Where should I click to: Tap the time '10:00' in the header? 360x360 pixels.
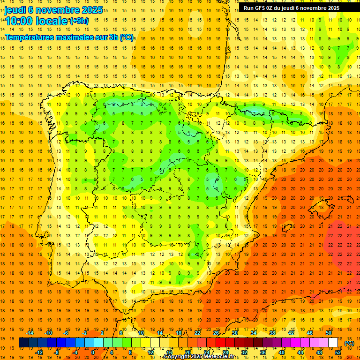point(20,21)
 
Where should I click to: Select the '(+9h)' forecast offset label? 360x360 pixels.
point(79,21)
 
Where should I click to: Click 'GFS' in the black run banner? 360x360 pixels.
point(262,8)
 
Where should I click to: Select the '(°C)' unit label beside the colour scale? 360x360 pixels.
point(349,343)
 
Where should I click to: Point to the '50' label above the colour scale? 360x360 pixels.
point(329,333)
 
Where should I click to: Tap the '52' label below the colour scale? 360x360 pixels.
point(338,352)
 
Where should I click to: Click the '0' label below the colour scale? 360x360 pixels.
point(93,352)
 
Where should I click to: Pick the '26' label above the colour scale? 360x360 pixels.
point(216,333)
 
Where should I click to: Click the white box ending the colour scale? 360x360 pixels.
point(333,343)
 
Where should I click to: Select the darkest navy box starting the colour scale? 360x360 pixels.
point(23,343)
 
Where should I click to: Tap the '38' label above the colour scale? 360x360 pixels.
point(272,333)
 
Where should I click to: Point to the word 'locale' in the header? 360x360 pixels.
point(51,21)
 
